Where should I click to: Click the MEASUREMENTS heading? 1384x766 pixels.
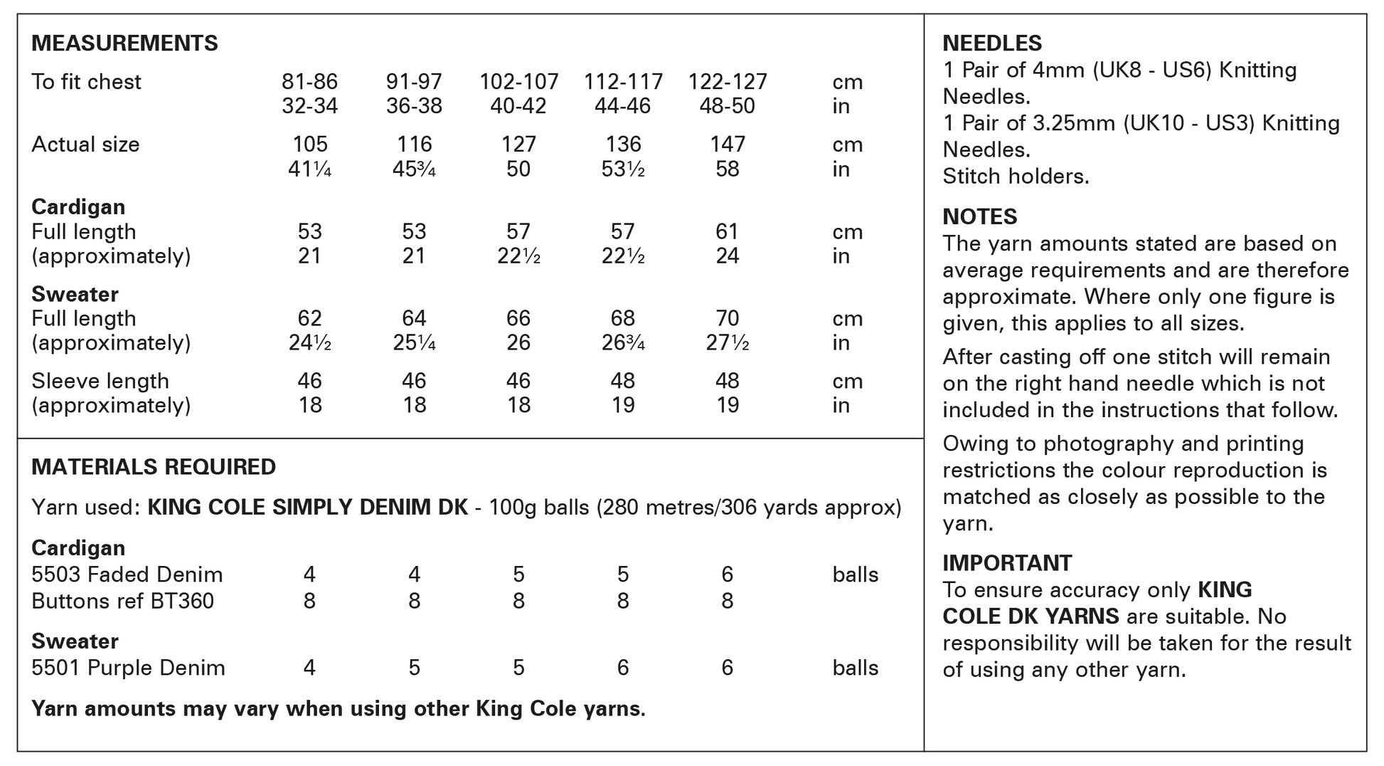pyautogui.click(x=124, y=43)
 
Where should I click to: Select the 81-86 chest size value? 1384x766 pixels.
pyautogui.click(x=309, y=82)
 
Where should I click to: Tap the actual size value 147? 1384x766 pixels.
pyautogui.click(x=727, y=145)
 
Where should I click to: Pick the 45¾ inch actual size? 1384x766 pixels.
pyautogui.click(x=414, y=169)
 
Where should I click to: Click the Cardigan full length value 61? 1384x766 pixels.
pyautogui.click(x=727, y=232)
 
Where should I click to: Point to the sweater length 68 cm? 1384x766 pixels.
pyautogui.click(x=623, y=318)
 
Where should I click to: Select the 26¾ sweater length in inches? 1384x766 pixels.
pyautogui.click(x=623, y=343)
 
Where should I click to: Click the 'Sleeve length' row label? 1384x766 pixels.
pyautogui.click(x=100, y=382)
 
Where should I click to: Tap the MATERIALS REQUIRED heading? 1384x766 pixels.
pyautogui.click(x=154, y=467)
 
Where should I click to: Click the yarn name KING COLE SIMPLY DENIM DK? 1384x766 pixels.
pyautogui.click(x=307, y=508)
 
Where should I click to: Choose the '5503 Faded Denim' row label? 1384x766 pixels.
pyautogui.click(x=127, y=574)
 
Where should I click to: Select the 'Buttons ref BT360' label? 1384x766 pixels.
pyautogui.click(x=122, y=602)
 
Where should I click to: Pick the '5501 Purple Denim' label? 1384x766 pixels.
pyautogui.click(x=128, y=668)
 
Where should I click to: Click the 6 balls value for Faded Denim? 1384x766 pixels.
pyautogui.click(x=727, y=574)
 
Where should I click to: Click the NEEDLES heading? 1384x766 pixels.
pyautogui.click(x=992, y=43)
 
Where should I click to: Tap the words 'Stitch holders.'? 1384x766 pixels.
pyautogui.click(x=1016, y=177)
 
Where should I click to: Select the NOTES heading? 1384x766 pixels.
pyautogui.click(x=979, y=216)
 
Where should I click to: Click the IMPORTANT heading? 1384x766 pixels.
pyautogui.click(x=1006, y=563)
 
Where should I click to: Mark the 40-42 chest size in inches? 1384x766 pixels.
pyautogui.click(x=518, y=107)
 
